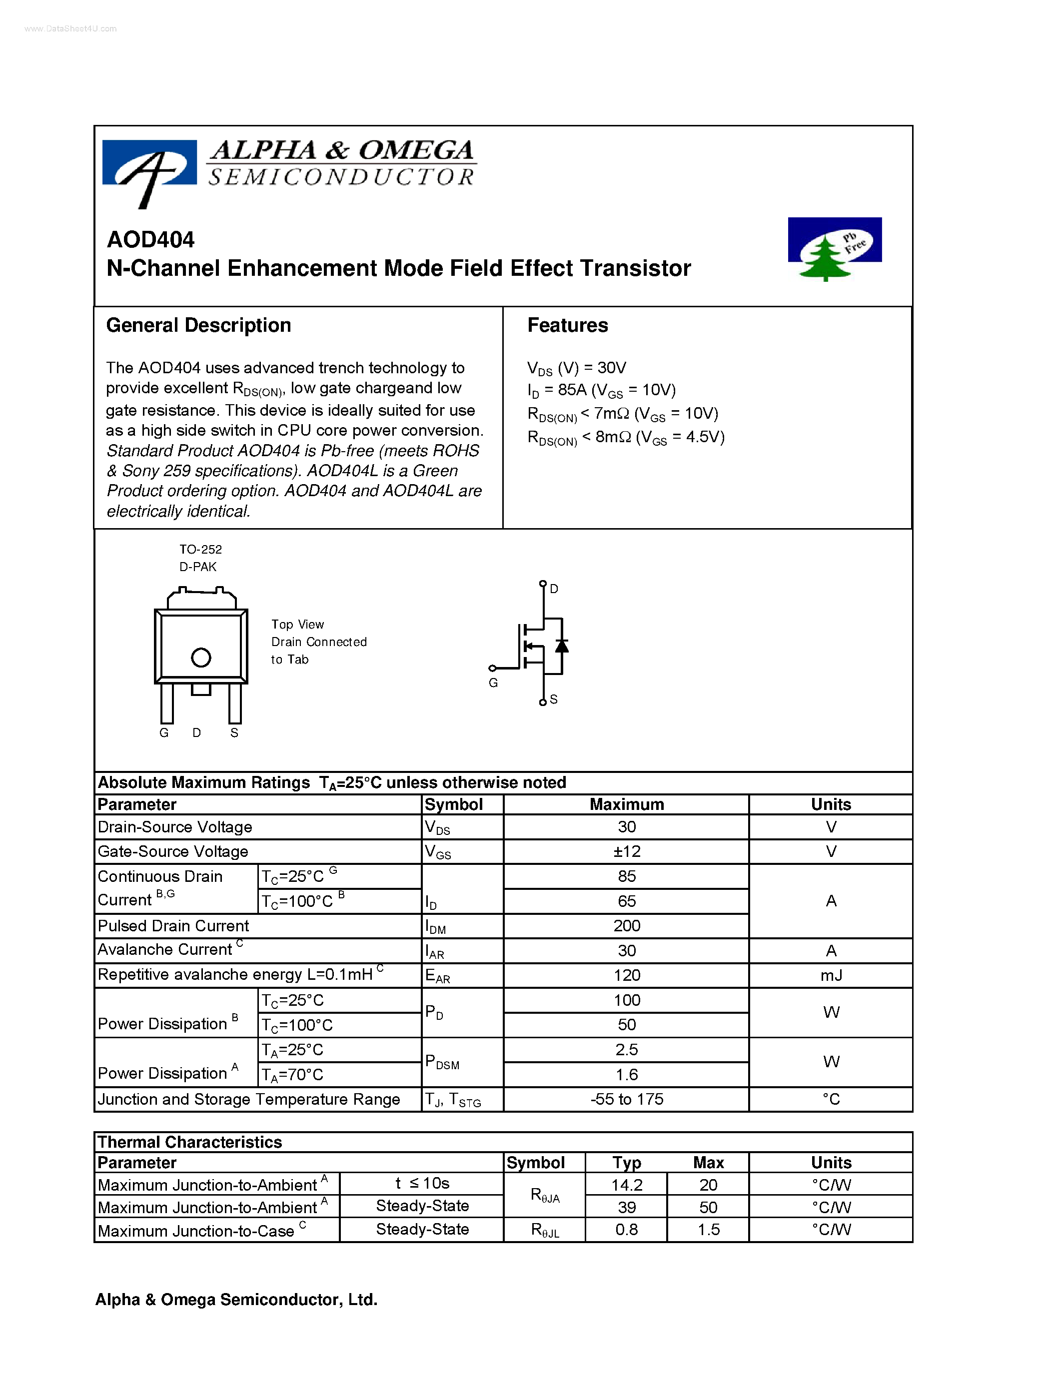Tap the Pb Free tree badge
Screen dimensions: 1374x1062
834,248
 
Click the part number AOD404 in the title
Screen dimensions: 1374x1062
150,240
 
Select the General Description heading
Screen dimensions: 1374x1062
198,325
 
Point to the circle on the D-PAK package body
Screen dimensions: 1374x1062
201,658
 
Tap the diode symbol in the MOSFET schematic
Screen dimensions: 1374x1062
561,646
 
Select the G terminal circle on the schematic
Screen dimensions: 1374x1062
493,668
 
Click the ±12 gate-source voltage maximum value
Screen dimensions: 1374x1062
626,851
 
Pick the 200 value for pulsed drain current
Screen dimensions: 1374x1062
626,925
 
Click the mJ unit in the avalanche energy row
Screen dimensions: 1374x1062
831,975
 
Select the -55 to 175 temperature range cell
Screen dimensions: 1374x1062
626,1099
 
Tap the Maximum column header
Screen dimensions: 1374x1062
626,804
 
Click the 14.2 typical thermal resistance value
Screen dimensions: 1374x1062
626,1185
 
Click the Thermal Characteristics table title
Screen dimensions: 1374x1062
189,1142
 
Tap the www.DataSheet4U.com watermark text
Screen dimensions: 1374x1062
70,29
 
